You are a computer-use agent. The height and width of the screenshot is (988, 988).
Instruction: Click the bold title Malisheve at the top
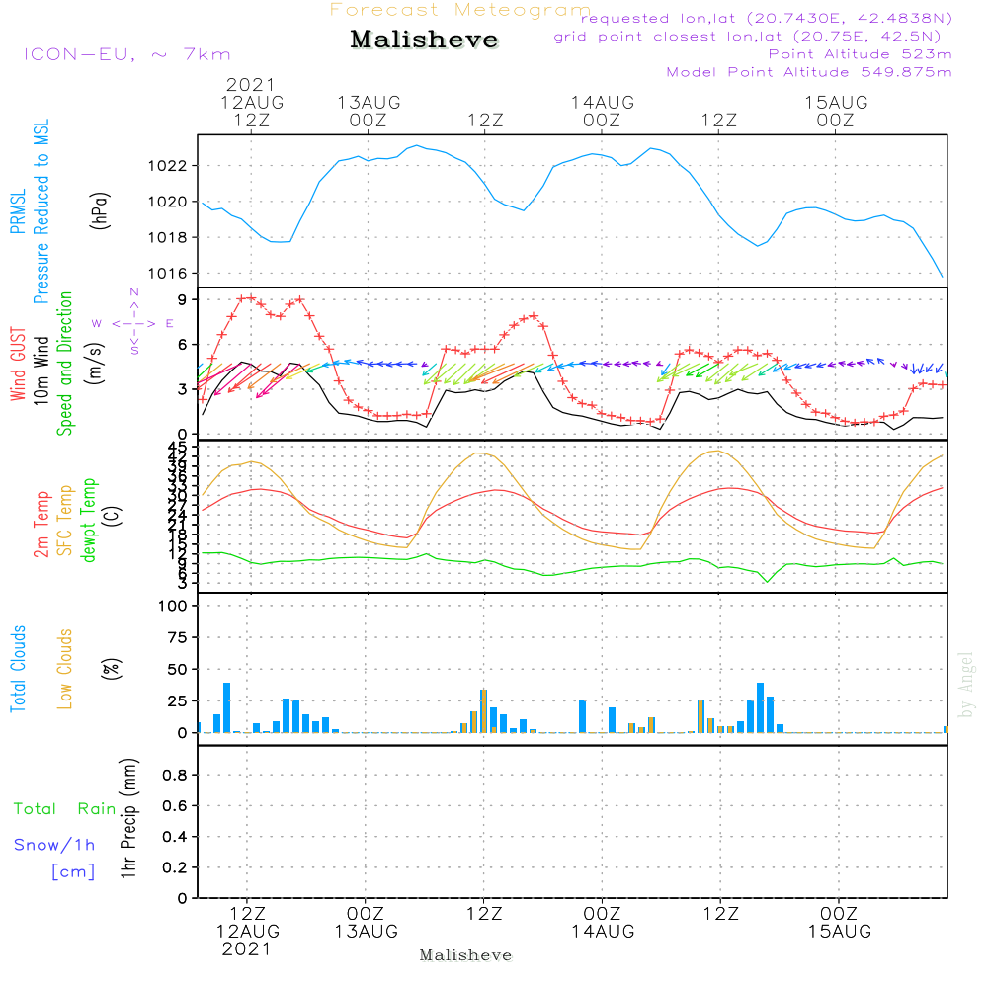click(424, 41)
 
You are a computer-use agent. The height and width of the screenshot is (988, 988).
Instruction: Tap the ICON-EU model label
click(125, 54)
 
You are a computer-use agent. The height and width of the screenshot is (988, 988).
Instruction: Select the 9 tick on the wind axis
click(184, 299)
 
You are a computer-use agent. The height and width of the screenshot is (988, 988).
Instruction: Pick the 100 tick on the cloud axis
click(173, 606)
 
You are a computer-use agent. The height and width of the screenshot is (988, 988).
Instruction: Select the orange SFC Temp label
click(64, 521)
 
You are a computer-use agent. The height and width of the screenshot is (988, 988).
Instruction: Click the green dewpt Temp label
click(88, 521)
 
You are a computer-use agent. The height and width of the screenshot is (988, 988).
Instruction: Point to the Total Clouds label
click(19, 669)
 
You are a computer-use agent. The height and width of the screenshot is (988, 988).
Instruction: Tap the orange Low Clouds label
click(65, 669)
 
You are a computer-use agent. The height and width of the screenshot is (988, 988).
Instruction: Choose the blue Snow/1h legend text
click(54, 845)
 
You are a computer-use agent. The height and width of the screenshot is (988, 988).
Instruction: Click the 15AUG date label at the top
click(836, 103)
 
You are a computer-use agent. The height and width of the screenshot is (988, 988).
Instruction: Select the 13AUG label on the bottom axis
click(366, 932)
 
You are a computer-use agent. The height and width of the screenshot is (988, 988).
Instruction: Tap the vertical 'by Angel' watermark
click(967, 685)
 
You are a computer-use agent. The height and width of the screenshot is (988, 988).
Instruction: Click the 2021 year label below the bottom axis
click(247, 949)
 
